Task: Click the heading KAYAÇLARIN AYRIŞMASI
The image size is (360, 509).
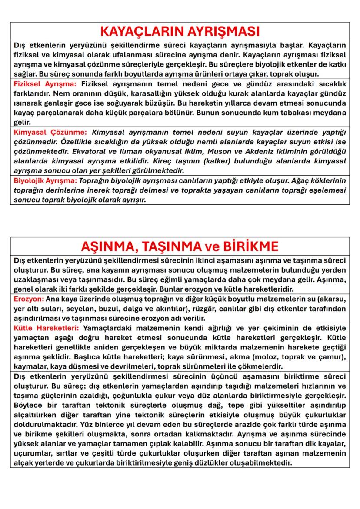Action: [x=180, y=31]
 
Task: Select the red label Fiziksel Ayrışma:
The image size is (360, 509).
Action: [x=45, y=83]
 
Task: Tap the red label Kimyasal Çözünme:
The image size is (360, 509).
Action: [x=50, y=132]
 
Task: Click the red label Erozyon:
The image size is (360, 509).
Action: [x=29, y=299]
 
